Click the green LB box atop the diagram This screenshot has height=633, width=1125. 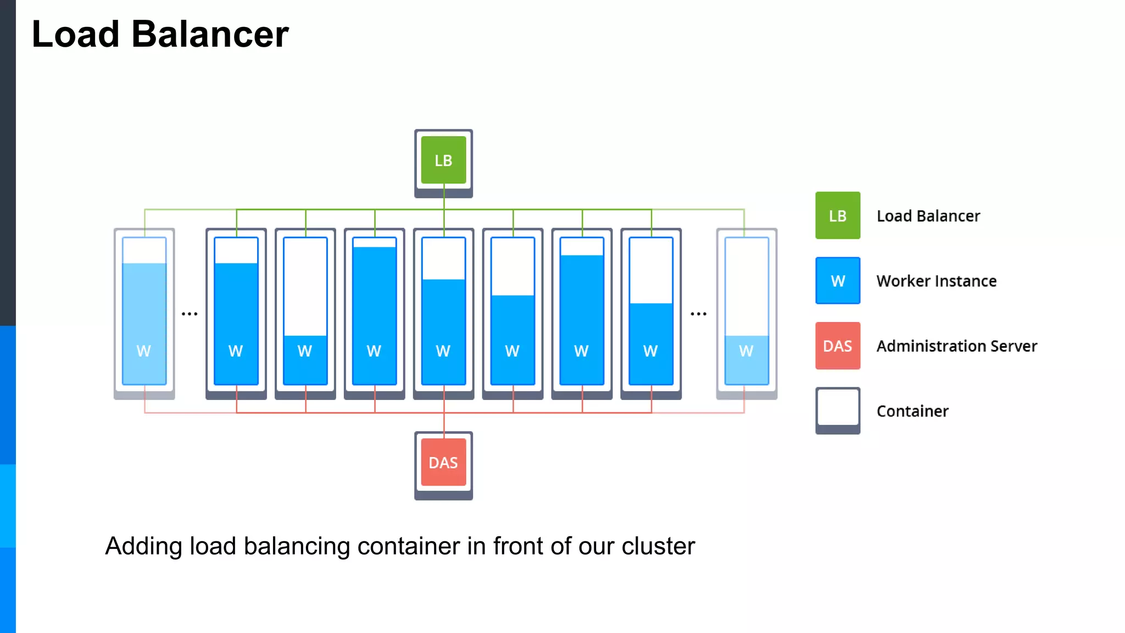point(443,160)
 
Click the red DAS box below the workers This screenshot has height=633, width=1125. point(443,462)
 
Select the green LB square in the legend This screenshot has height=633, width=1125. point(837,215)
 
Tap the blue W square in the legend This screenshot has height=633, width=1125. point(837,280)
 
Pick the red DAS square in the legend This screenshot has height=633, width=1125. point(837,346)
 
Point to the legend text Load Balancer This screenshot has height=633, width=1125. point(928,216)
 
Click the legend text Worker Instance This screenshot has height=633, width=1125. point(936,281)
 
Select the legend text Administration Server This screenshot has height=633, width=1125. point(956,346)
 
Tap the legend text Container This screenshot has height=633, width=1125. point(912,411)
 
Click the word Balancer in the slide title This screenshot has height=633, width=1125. point(210,34)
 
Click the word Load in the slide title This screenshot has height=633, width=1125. point(76,34)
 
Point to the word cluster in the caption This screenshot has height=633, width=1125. point(658,546)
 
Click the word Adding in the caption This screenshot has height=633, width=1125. point(143,547)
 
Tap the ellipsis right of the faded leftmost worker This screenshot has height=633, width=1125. point(190,314)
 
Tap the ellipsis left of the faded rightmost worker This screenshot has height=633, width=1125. point(698,314)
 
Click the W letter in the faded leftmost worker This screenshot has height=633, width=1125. point(144,351)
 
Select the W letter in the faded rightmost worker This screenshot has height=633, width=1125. point(746,351)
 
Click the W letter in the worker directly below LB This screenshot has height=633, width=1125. point(443,351)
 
